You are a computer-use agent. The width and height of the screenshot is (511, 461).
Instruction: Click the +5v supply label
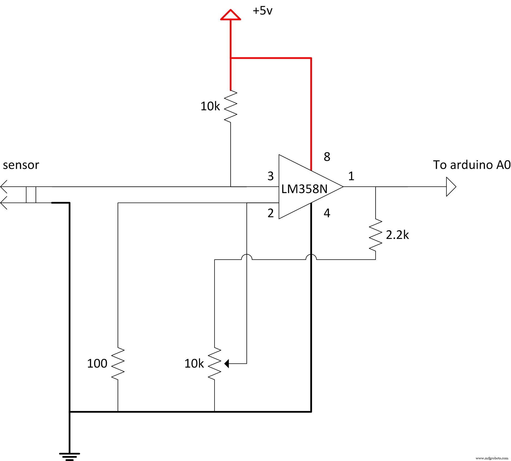(262, 11)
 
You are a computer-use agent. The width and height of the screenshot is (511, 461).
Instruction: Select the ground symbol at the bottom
(69, 456)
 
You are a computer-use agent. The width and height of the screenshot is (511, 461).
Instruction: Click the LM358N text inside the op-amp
(304, 189)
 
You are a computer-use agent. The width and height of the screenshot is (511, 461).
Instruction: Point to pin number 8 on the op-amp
(327, 157)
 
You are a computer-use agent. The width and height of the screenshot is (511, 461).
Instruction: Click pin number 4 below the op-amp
(327, 213)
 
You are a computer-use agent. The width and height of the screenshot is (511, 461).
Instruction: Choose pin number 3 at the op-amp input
(270, 176)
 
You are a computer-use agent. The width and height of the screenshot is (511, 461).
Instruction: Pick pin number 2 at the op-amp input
(270, 213)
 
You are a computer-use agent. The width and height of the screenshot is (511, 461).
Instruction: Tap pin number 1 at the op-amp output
(351, 176)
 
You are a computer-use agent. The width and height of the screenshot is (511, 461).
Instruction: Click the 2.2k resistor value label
(397, 235)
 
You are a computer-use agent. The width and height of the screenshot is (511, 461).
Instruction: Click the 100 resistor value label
(97, 364)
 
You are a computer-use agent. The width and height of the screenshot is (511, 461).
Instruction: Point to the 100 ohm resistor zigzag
(118, 364)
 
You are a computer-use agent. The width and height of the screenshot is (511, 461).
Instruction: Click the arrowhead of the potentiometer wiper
(226, 364)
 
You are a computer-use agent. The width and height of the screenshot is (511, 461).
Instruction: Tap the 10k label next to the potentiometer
(194, 364)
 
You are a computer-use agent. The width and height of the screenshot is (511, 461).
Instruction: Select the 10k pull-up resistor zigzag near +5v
(231, 106)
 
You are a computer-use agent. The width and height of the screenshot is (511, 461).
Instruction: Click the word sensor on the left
(21, 165)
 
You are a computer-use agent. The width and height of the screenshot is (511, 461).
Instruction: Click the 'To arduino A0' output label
(471, 165)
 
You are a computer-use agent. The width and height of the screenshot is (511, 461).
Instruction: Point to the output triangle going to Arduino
(450, 187)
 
